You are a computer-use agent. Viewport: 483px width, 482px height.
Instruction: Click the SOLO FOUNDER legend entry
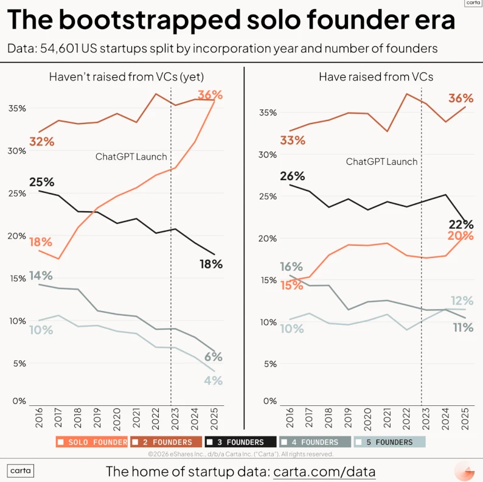click(92, 442)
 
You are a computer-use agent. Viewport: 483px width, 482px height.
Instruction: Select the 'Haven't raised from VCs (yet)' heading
click(126, 77)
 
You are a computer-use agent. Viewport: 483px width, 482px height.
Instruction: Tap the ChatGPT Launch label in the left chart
click(131, 156)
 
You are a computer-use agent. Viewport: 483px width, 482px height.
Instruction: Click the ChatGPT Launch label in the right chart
click(381, 161)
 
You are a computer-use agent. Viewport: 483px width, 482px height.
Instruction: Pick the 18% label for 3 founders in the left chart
click(211, 264)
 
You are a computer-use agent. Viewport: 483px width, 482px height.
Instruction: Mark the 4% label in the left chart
click(213, 381)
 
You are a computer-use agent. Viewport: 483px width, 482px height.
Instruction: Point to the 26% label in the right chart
click(292, 176)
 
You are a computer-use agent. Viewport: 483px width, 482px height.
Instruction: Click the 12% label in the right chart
click(462, 300)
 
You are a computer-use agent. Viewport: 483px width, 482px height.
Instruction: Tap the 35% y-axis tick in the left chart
click(16, 108)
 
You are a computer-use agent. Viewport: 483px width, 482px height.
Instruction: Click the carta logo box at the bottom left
click(21, 470)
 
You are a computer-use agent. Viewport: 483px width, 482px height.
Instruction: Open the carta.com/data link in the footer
click(324, 472)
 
